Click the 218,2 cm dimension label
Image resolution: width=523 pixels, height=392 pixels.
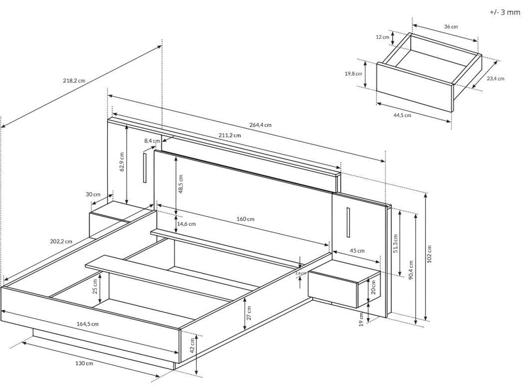(x=74, y=81)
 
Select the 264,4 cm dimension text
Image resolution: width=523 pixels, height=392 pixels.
(x=261, y=125)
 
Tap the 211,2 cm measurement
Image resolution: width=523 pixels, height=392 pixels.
(x=230, y=135)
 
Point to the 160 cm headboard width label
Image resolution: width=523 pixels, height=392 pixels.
(x=245, y=219)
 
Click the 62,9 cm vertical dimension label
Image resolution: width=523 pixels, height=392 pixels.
(x=122, y=161)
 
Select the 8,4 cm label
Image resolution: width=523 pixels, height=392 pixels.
(x=152, y=141)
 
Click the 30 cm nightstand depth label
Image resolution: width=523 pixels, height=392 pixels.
(x=93, y=194)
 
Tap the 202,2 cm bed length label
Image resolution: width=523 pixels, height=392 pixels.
(x=61, y=242)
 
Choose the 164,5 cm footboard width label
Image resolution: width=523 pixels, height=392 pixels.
(x=88, y=324)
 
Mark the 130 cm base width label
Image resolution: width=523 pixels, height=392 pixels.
(x=84, y=363)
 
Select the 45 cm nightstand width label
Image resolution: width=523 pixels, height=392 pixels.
(x=357, y=251)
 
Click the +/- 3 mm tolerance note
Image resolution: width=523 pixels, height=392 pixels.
(x=504, y=12)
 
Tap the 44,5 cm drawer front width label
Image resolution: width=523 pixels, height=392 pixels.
(x=402, y=116)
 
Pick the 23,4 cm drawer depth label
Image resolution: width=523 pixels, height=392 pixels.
(x=495, y=78)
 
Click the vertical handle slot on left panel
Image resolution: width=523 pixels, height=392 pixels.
(x=144, y=168)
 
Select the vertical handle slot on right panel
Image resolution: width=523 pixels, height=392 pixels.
(x=348, y=222)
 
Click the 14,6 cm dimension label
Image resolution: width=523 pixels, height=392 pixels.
(x=187, y=224)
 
